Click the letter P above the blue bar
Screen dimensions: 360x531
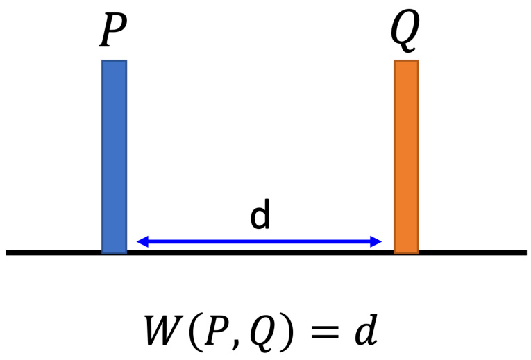(114, 31)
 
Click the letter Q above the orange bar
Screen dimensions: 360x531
(405, 31)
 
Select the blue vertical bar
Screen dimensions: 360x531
(114, 156)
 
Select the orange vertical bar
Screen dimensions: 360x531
(406, 156)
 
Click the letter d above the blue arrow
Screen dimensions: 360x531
(260, 218)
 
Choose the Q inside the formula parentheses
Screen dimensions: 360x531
(262, 332)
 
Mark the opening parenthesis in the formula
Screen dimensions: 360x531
(195, 332)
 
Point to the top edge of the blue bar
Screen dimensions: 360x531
(114, 62)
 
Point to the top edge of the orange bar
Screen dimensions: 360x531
(406, 62)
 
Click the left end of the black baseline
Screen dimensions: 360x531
(9, 252)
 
